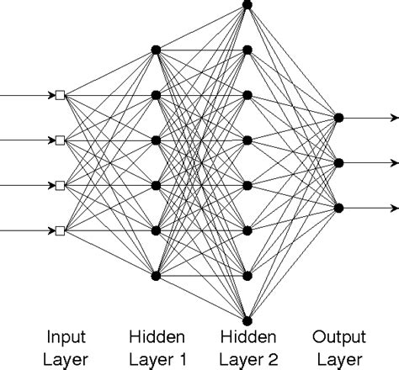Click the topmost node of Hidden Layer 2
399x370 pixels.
[x=247, y=5]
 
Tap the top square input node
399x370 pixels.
[x=60, y=95]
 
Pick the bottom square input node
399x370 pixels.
[x=60, y=230]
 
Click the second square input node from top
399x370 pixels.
[x=60, y=140]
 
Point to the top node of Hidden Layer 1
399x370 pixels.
[x=155, y=50]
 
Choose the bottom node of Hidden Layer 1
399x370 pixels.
[x=155, y=274]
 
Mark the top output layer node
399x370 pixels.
[x=339, y=118]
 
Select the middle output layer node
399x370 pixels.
[x=339, y=162]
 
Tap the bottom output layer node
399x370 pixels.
[x=339, y=207]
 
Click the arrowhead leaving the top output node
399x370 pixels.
[x=393, y=118]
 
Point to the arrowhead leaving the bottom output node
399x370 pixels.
[x=393, y=207]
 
